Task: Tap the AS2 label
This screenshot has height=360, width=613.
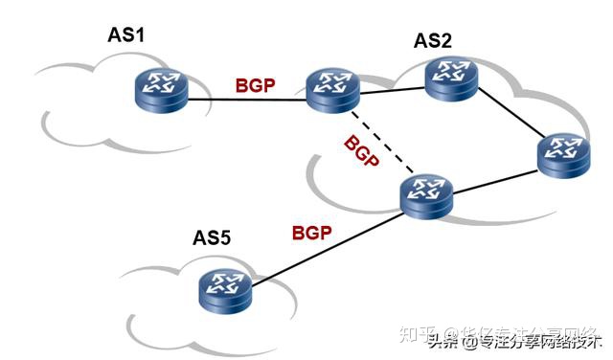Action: (x=432, y=40)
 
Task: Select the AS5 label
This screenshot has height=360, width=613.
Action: (x=212, y=237)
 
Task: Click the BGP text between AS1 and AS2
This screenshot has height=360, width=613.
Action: (x=256, y=84)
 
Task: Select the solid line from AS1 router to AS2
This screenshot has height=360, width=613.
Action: (x=244, y=100)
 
